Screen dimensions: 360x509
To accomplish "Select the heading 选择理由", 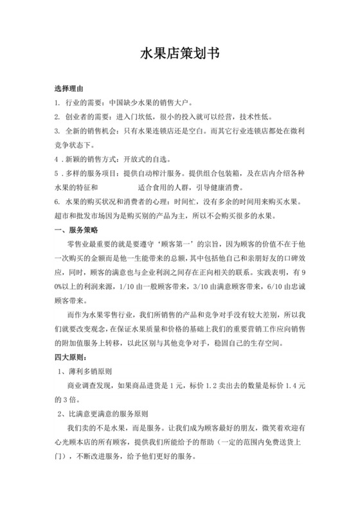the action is [x=69, y=87].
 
